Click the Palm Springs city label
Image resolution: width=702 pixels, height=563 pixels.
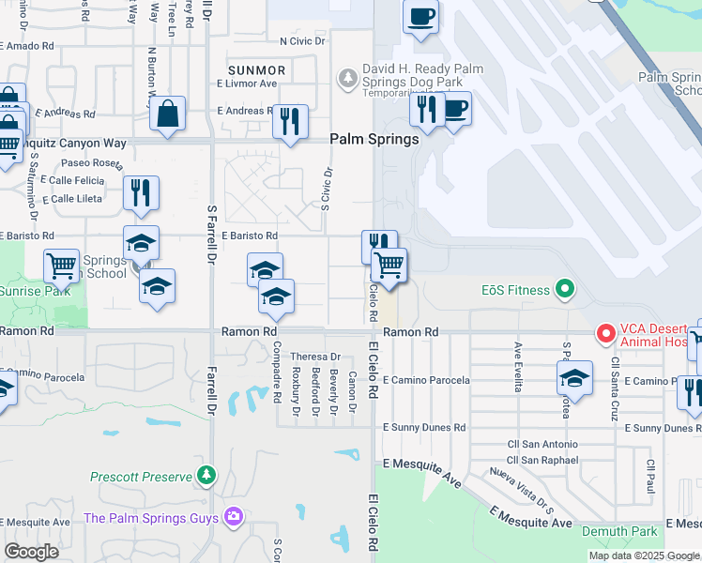point(374,139)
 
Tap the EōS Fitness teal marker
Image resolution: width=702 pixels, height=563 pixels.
point(564,290)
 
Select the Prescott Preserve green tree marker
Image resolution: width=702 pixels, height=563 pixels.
point(206,477)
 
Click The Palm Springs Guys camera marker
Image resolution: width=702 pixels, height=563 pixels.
point(233,518)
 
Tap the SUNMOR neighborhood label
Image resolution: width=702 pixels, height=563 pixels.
point(256,70)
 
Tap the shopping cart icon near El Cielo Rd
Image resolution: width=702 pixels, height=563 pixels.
point(389,266)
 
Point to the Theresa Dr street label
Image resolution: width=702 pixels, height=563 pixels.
point(314,358)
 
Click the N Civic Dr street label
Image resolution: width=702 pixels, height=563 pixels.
point(301,41)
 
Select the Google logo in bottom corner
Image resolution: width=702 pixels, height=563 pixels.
point(30,552)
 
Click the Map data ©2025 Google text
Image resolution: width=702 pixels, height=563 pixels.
point(644,555)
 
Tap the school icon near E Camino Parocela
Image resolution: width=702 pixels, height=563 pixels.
point(574,379)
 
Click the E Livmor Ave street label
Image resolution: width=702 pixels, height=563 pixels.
point(247,84)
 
